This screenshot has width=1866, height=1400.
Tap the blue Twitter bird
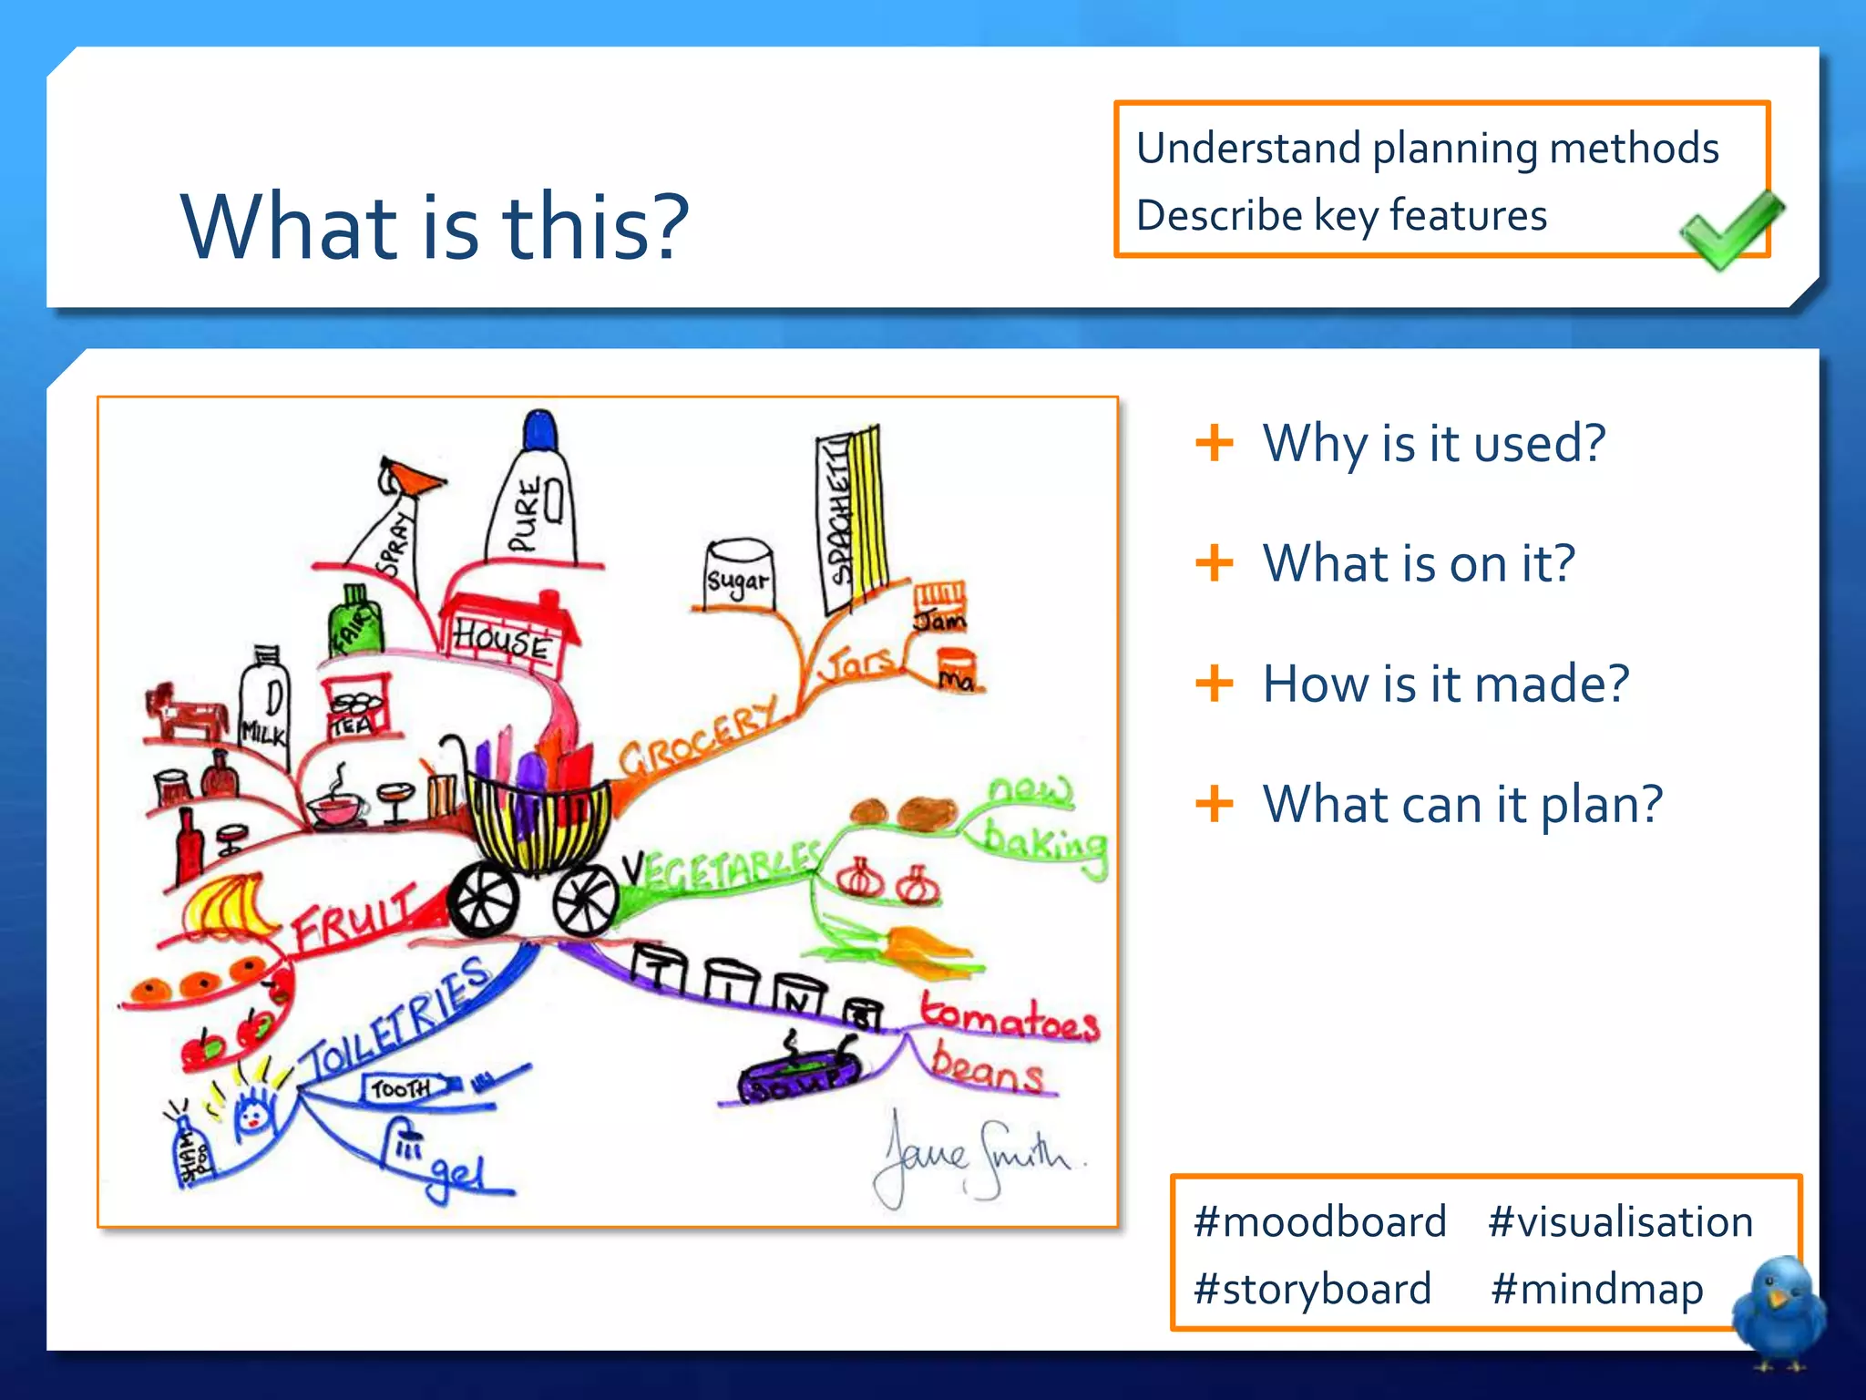1779,1311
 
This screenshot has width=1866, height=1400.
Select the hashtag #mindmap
1596,1289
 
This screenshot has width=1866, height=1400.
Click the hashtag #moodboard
1319,1221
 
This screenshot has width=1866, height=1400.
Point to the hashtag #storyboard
1312,1289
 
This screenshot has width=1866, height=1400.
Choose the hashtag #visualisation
1620,1221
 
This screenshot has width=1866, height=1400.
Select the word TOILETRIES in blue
396,1021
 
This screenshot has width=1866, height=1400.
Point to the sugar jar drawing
739,574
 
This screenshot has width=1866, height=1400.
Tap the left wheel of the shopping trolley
483,898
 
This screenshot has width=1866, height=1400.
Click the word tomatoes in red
1009,1019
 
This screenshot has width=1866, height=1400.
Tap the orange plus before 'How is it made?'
1214,683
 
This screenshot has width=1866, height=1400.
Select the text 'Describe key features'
1341,216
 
